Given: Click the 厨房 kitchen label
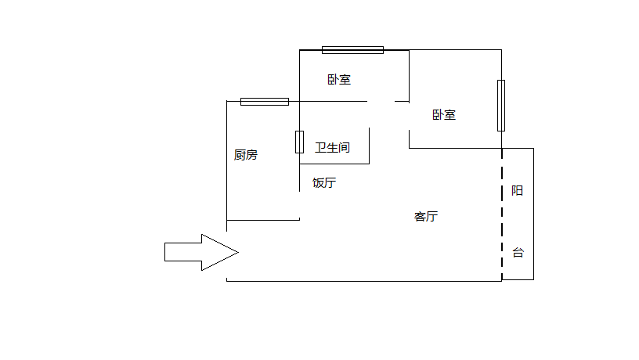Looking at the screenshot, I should (245, 155).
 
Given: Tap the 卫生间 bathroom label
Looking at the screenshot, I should (332, 147).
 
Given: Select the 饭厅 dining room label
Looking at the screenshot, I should (324, 183).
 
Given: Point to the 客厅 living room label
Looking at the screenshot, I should (425, 216).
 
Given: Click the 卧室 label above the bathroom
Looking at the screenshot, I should (339, 79).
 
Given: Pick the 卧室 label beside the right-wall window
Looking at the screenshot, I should (444, 115).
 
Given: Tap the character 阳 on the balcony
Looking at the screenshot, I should (517, 191).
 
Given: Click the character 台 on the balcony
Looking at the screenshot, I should (518, 253).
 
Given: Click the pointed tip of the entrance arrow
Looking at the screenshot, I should (236, 252).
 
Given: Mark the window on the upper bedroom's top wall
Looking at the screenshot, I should (352, 50).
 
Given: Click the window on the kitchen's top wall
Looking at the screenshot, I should (264, 101).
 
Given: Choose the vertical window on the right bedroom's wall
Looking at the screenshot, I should (501, 105).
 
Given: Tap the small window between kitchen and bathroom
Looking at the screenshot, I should (299, 142).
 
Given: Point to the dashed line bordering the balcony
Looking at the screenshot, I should (502, 211).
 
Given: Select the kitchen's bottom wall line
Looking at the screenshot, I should (262, 220).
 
